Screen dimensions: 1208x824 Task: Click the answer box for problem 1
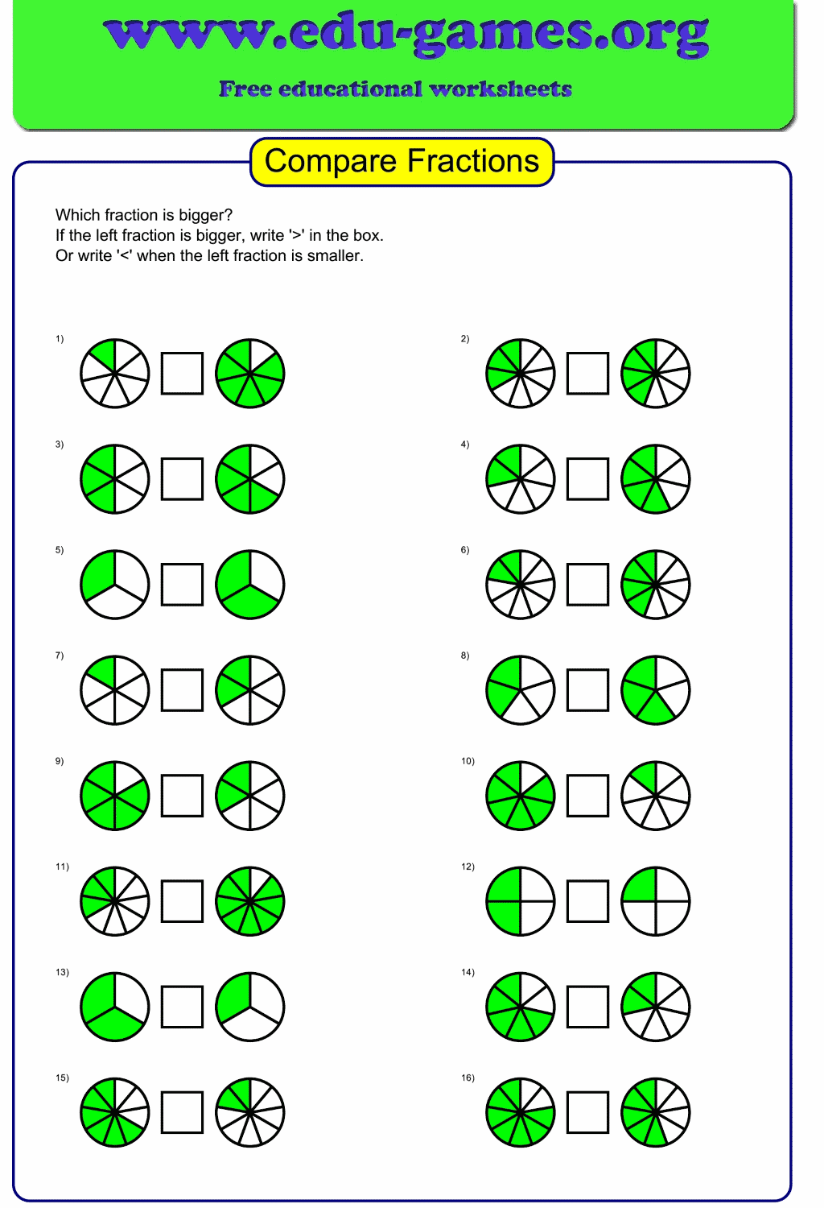182,373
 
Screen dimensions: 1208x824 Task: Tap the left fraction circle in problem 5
115,584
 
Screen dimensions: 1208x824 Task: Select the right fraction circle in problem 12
656,900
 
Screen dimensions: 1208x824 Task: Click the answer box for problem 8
587,689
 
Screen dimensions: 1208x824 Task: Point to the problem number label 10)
468,761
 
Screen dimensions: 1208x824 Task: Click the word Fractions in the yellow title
472,161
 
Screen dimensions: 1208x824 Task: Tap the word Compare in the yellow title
331,161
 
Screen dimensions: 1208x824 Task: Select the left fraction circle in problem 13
115,1007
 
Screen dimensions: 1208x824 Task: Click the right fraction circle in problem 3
250,478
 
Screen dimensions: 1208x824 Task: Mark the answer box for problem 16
587,1112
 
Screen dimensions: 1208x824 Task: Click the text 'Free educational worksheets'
395,89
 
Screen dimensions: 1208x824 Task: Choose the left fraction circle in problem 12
521,900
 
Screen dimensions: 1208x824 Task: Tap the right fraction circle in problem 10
656,795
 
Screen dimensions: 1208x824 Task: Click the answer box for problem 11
182,900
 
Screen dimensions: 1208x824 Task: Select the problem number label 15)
62,1078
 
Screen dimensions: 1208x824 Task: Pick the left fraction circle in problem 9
115,795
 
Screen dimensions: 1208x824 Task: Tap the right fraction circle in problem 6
656,584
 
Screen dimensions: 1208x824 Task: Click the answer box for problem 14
587,1007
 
